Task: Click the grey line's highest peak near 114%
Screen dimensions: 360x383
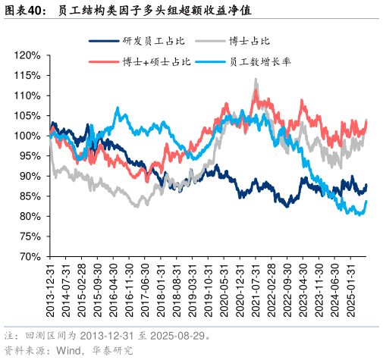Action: coord(256,80)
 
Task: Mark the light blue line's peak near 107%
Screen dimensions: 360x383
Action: coord(118,108)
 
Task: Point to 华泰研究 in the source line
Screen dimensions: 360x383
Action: coord(112,350)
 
